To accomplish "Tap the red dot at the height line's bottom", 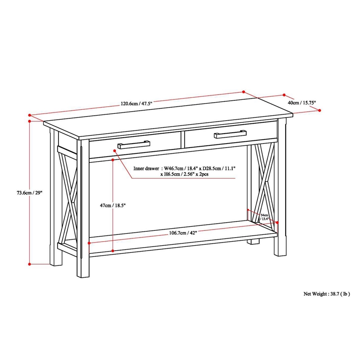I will (x=29, y=264).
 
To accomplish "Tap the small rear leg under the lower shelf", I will (x=255, y=242).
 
